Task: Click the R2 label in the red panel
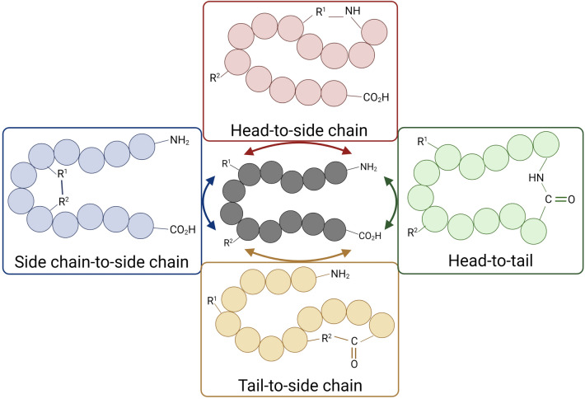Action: (x=216, y=78)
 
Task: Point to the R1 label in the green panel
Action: (x=421, y=142)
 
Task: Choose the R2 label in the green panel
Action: (x=416, y=233)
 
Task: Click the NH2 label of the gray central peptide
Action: (x=368, y=169)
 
